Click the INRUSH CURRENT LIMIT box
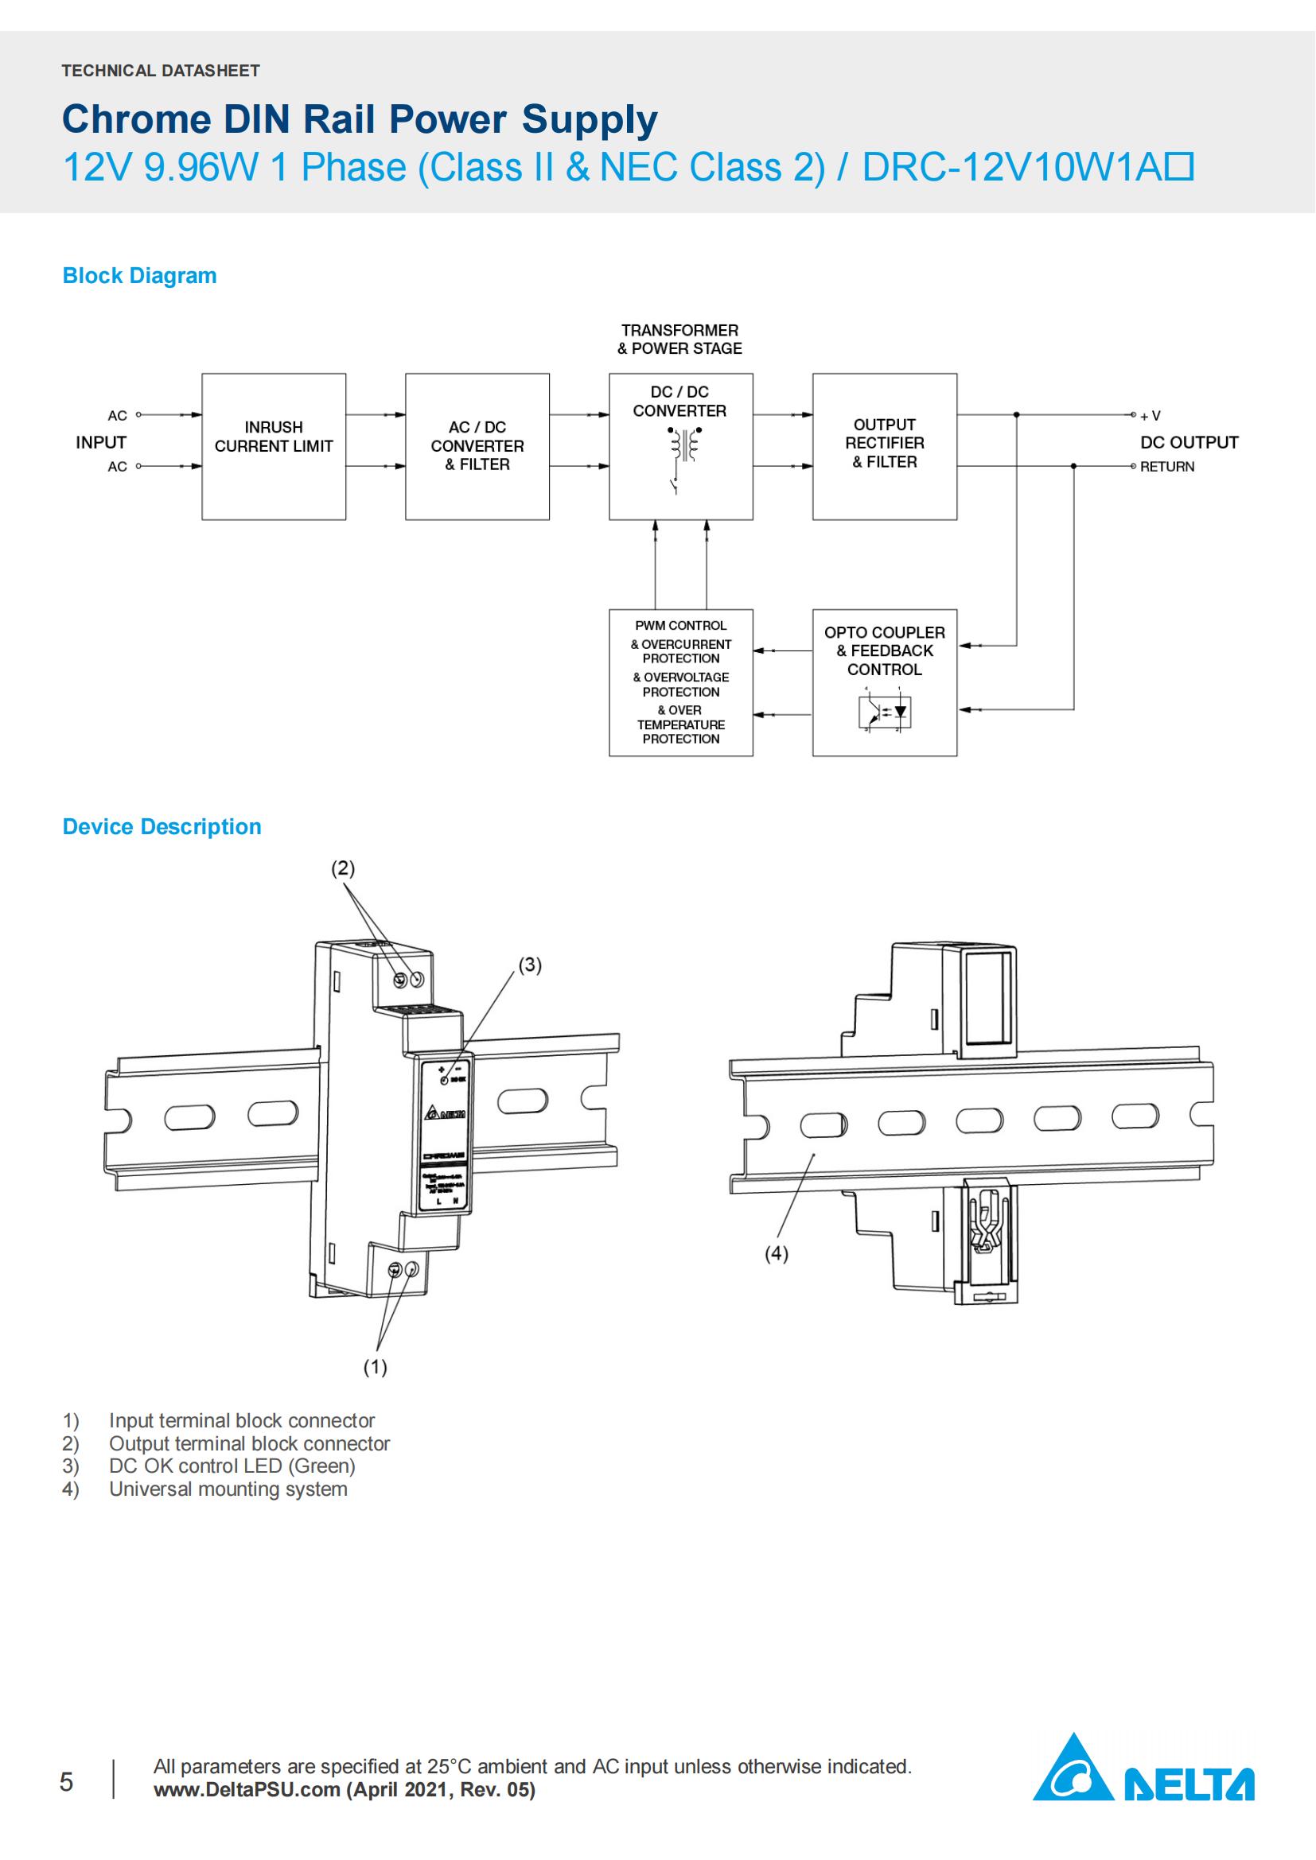click(273, 445)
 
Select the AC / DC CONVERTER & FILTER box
click(477, 445)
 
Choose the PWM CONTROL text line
click(681, 625)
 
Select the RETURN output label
click(1167, 467)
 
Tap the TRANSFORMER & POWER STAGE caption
click(679, 340)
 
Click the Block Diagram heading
click(139, 275)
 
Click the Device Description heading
click(162, 826)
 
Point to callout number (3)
click(529, 965)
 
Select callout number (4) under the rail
click(777, 1253)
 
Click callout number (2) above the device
click(343, 868)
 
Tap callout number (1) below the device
click(375, 1367)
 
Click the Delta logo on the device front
click(445, 1114)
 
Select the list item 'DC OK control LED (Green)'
click(232, 1466)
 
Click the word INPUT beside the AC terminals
click(101, 442)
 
